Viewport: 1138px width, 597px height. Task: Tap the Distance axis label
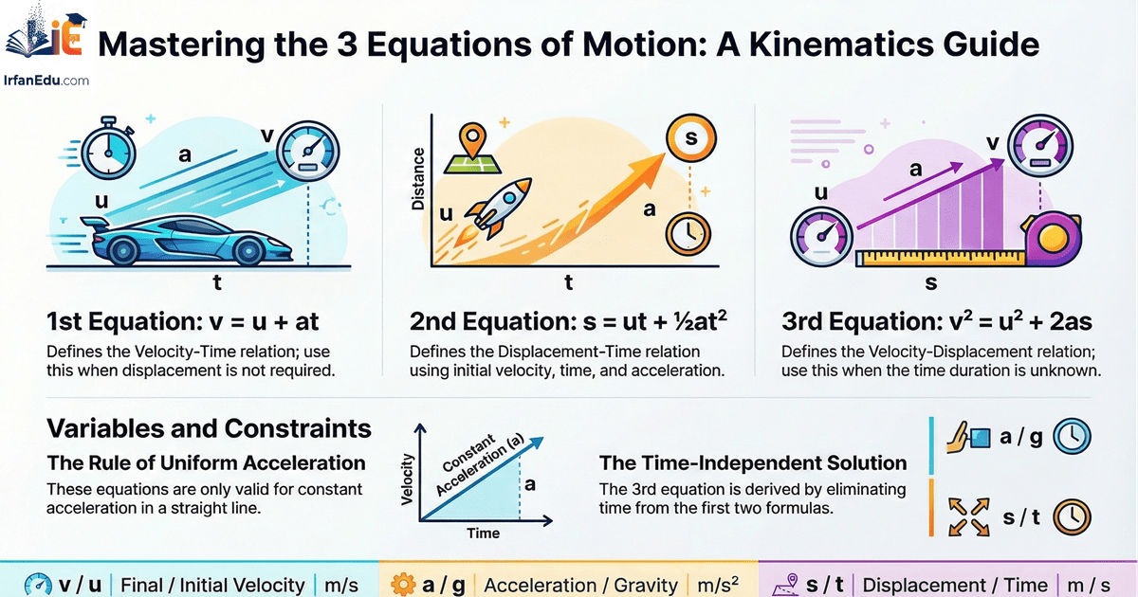(x=417, y=181)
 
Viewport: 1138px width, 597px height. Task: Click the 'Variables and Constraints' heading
(x=209, y=428)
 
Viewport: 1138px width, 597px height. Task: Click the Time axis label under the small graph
(x=483, y=534)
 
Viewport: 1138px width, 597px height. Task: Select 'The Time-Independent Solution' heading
(x=752, y=463)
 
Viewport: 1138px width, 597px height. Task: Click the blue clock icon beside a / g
(x=1073, y=437)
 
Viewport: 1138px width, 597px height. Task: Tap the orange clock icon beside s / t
(x=1073, y=516)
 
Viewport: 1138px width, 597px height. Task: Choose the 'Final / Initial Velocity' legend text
(x=212, y=585)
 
